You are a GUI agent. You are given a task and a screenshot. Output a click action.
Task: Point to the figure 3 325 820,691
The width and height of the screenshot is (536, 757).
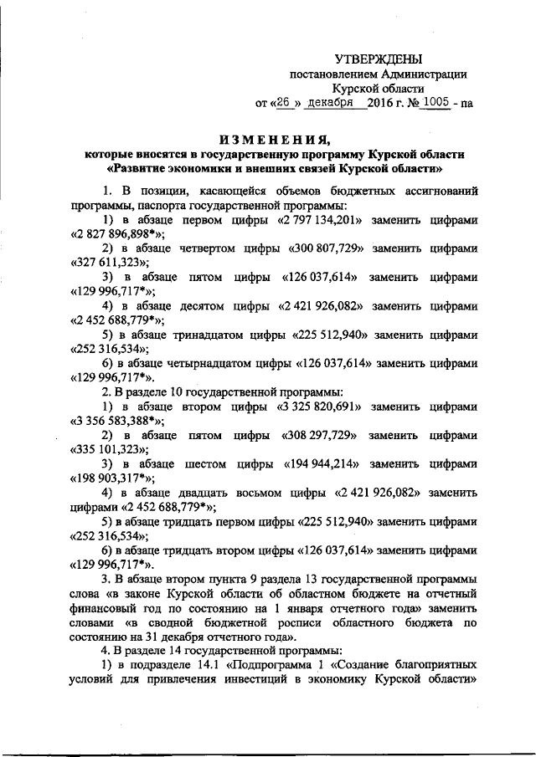click(x=319, y=407)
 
